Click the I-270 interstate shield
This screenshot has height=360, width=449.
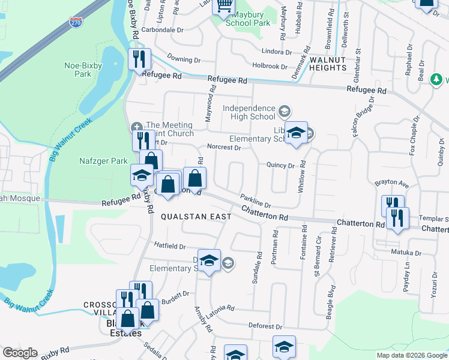(x=76, y=23)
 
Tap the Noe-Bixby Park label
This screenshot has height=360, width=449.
(x=78, y=70)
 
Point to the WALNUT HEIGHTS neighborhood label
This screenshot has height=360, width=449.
(x=328, y=63)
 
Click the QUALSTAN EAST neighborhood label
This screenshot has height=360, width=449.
(x=187, y=217)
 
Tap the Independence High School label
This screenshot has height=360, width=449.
(x=249, y=112)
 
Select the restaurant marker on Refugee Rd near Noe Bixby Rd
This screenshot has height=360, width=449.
(x=139, y=60)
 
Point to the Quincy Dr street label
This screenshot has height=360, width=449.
(x=280, y=166)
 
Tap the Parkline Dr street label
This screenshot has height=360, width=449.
(x=256, y=201)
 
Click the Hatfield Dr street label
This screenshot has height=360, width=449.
(x=170, y=246)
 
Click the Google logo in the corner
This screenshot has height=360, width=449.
(x=20, y=353)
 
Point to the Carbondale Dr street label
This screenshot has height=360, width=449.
(x=161, y=29)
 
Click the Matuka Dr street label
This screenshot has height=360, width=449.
(x=403, y=253)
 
